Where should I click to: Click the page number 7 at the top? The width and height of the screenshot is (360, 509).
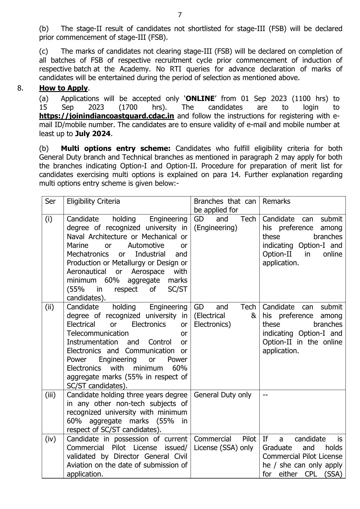coord(180,15)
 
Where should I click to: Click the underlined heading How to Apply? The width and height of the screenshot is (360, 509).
coord(63,88)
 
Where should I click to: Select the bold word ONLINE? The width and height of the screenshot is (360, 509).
coord(200,98)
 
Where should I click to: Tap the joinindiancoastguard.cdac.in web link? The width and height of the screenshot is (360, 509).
coord(106,116)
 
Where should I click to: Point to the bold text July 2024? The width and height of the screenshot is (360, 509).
coord(93,134)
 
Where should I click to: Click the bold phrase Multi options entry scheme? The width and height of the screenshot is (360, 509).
coord(115,149)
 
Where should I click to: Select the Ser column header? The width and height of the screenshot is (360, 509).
coord(50,201)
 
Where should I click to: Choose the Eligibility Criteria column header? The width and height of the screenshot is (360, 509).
coord(93,201)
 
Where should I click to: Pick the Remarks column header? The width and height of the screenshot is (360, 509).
coord(276,201)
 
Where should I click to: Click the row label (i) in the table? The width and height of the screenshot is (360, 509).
coord(49,219)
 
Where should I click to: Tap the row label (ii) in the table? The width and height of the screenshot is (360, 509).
coord(49,307)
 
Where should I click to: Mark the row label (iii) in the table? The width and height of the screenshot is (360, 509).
coord(50,395)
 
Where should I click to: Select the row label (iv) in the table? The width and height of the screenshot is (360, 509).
coord(50,439)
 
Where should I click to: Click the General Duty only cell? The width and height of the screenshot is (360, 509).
coord(222,395)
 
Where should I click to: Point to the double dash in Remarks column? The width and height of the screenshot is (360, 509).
coord(265,395)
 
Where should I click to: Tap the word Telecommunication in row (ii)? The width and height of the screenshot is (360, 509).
coord(97,333)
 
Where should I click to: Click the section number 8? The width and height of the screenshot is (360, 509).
coord(20,88)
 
